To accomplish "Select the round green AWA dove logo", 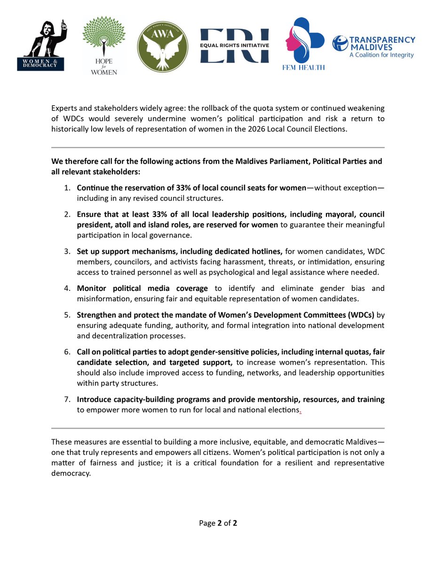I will point(162,47).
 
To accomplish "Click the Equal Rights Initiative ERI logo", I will point(234,46).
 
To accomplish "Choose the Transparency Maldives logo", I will point(373,47).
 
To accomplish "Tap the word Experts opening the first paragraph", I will point(64,109).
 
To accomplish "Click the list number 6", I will point(67,352).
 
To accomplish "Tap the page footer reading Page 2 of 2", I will point(218,523).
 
